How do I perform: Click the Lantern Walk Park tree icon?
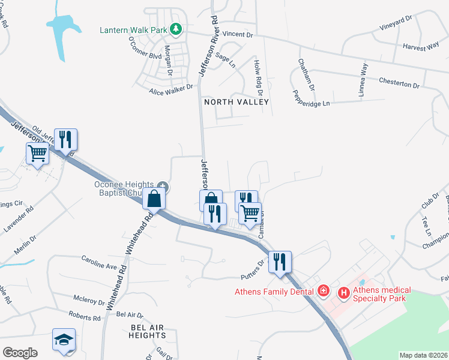[x=176, y=28]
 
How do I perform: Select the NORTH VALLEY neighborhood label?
[x=236, y=103]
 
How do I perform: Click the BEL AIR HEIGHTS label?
[x=148, y=331]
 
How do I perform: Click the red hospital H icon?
[x=344, y=293]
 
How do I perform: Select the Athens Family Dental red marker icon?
[x=324, y=291]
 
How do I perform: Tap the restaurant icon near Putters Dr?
[x=280, y=262]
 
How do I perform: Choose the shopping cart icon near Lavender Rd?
[x=37, y=154]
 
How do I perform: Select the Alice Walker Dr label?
[x=171, y=88]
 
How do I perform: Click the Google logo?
[x=20, y=353]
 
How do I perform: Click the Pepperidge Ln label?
[x=311, y=99]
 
